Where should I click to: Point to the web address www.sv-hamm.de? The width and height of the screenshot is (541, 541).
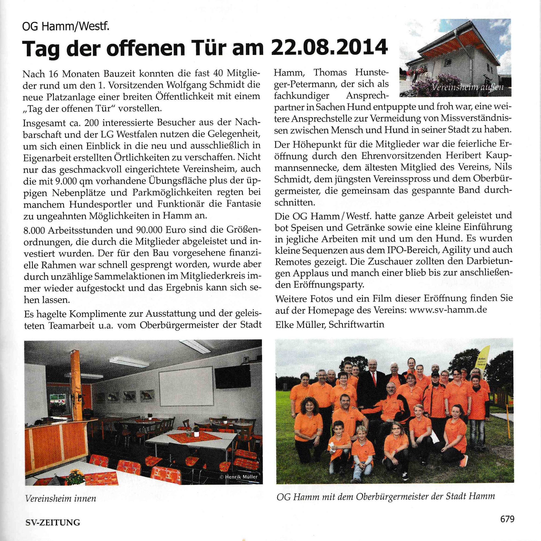pyautogui.click(x=448, y=310)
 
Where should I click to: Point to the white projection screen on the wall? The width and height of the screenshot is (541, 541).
pyautogui.click(x=185, y=386)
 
